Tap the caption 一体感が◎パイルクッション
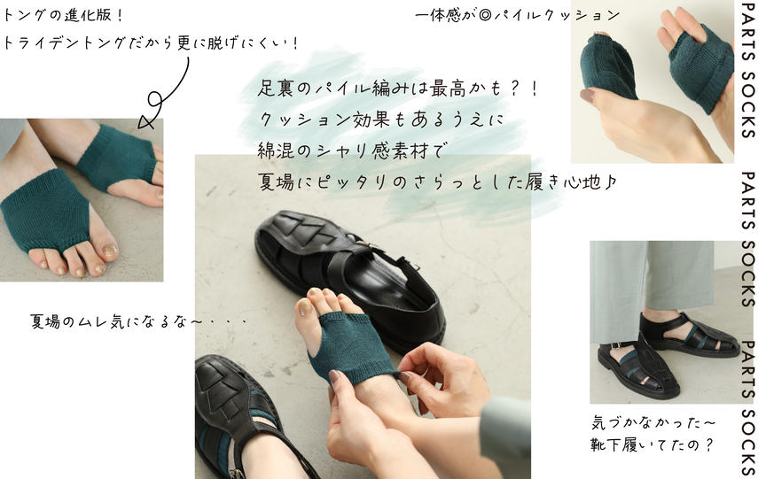[x=518, y=15]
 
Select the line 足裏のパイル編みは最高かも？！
[x=398, y=89]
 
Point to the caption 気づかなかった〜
[x=653, y=422]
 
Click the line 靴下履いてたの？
[x=653, y=444]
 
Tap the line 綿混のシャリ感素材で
[x=350, y=151]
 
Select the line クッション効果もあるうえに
[x=380, y=119]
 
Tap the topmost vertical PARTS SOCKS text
[x=748, y=70]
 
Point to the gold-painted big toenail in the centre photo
[x=306, y=307]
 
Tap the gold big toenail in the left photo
[x=109, y=251]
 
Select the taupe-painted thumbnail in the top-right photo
[x=588, y=95]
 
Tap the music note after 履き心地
[x=610, y=182]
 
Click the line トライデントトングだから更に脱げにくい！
[x=150, y=42]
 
